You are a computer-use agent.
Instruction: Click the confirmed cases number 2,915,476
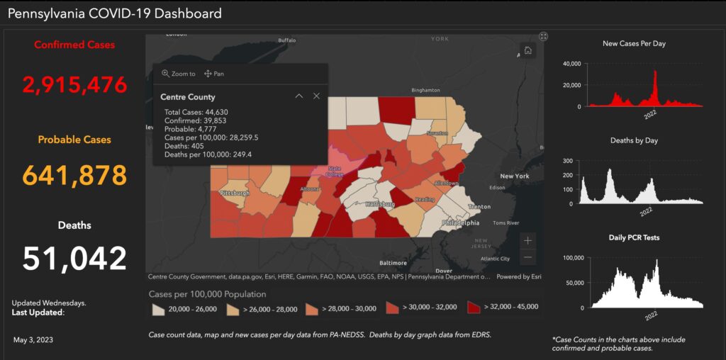[x=75, y=85]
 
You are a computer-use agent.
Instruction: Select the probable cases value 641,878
[x=75, y=174]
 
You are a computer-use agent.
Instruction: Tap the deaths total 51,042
[x=75, y=259]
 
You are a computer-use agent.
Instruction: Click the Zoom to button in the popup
[x=179, y=74]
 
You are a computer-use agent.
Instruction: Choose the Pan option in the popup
[x=214, y=74]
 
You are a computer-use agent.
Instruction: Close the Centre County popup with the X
[x=316, y=96]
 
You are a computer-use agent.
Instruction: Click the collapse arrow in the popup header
[x=298, y=96]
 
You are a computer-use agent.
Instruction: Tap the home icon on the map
[x=527, y=50]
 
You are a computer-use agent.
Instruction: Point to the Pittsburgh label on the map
[x=235, y=193]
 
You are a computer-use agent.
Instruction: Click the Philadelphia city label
[x=459, y=223]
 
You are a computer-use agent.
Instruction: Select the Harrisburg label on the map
[x=380, y=204]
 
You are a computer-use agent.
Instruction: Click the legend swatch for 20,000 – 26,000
[x=158, y=308]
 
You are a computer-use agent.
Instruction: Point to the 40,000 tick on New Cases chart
[x=571, y=64]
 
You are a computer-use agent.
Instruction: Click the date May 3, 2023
[x=33, y=340]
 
